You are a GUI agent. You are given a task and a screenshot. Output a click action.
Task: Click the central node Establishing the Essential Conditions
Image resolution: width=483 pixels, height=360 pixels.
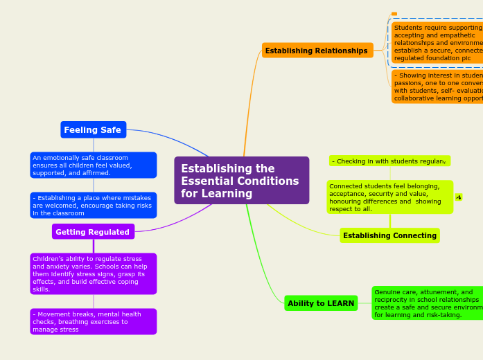[241, 181]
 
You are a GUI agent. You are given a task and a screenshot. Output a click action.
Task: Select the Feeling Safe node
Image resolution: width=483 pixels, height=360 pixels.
[93, 130]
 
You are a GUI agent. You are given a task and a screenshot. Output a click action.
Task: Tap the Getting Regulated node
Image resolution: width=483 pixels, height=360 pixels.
[93, 232]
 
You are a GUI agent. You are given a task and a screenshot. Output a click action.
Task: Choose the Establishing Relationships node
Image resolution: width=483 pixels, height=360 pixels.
[317, 51]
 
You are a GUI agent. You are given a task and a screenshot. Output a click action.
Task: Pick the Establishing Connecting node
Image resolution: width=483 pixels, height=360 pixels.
[389, 235]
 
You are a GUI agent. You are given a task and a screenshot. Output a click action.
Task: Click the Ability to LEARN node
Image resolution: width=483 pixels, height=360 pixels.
[321, 303]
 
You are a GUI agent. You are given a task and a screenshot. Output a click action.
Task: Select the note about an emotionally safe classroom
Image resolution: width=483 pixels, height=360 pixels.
[93, 165]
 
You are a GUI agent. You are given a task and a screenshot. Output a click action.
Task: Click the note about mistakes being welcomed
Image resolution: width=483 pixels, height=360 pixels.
[93, 206]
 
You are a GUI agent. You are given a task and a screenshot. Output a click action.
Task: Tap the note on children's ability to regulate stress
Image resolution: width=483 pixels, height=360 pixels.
[93, 273]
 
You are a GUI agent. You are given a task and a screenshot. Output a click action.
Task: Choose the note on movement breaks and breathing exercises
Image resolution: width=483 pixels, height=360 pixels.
[93, 321]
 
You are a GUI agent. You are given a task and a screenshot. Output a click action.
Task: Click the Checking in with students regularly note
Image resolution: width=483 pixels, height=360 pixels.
[389, 161]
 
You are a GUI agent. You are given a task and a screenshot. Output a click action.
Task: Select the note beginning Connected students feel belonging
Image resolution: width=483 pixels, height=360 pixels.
[389, 197]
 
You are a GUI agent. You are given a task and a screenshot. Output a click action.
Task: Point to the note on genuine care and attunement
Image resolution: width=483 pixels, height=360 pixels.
[427, 303]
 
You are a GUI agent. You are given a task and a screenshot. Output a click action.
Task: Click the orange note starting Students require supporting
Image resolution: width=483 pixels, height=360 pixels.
[437, 43]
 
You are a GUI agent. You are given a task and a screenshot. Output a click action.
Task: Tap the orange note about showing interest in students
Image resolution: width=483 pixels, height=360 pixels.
[437, 87]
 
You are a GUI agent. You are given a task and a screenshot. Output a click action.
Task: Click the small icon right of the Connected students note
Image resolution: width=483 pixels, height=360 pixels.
[459, 197]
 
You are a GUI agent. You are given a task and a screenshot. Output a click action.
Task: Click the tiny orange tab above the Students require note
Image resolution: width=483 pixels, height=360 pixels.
[394, 14]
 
